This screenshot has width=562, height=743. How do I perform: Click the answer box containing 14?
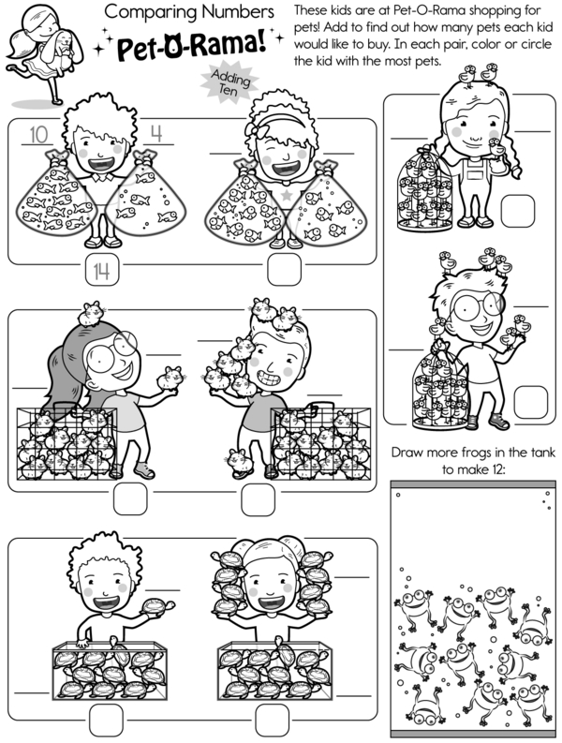click(x=102, y=270)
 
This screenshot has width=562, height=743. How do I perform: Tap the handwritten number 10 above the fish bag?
click(x=38, y=135)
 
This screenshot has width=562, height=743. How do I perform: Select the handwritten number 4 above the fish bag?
click(x=156, y=134)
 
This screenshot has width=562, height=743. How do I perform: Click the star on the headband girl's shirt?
click(x=287, y=195)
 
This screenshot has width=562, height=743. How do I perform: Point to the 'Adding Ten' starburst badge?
click(x=229, y=82)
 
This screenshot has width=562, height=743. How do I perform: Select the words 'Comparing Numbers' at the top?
click(x=189, y=12)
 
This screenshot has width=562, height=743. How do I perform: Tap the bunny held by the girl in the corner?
click(x=61, y=47)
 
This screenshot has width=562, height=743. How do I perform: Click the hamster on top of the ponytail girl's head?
click(x=92, y=314)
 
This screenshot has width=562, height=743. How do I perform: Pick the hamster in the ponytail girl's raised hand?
click(x=170, y=378)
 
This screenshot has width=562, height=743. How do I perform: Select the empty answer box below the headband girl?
click(x=285, y=269)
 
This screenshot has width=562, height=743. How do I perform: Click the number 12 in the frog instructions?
click(x=491, y=469)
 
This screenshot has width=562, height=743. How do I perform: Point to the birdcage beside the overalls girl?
click(x=424, y=189)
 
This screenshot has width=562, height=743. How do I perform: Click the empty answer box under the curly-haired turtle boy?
click(x=106, y=720)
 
